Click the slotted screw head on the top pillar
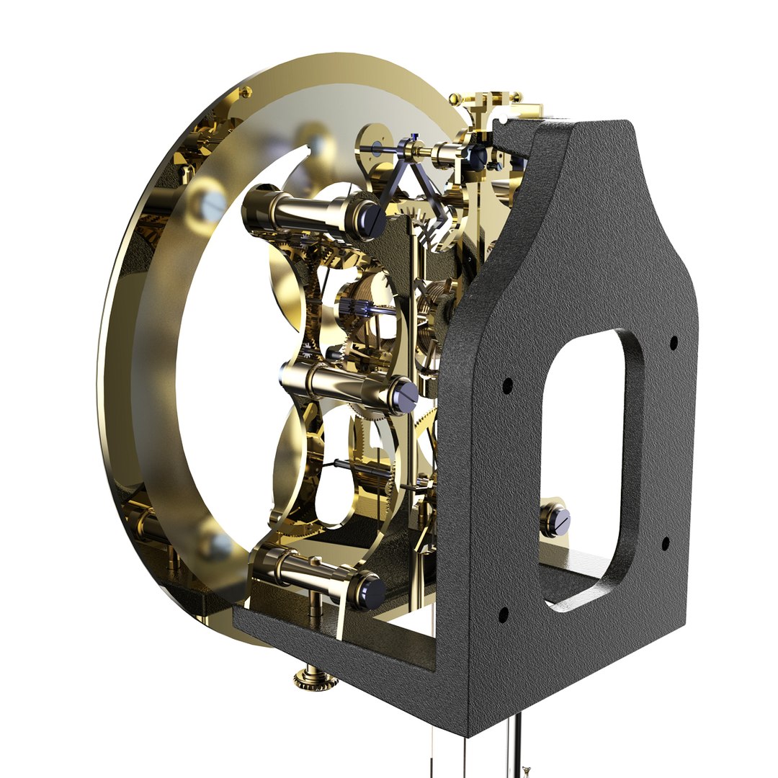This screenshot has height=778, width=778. (373, 219)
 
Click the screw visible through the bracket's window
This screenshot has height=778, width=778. (555, 519)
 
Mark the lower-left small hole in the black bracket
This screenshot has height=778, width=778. (504, 614)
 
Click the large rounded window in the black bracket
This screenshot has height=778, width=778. (587, 461)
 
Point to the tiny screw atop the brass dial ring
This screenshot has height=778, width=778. (246, 92)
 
